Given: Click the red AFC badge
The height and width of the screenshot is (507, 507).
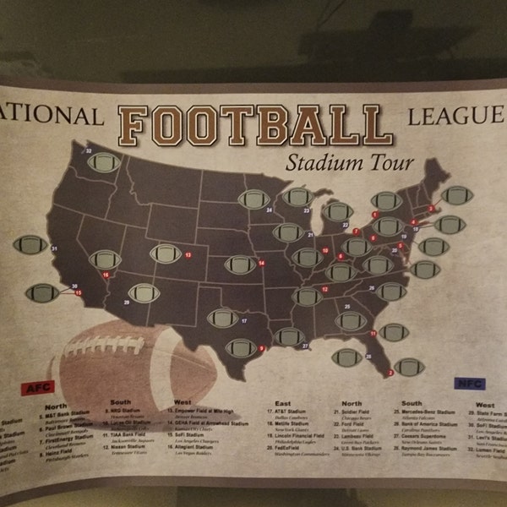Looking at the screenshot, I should click(37, 388).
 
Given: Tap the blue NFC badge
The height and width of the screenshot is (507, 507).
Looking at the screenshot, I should click(471, 384).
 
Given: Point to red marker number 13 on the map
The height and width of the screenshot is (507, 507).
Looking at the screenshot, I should click(188, 253).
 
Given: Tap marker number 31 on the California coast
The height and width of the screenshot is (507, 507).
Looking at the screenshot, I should click(54, 248).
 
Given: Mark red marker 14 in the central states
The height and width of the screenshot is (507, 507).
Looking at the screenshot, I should click(261, 264).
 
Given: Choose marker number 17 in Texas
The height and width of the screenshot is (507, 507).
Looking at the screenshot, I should click(244, 321).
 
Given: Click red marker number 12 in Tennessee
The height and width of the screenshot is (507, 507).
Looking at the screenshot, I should click(325, 289).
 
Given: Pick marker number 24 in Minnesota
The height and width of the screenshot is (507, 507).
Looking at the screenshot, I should click(268, 209).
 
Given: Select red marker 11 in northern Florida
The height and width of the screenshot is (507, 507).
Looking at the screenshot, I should click(373, 335).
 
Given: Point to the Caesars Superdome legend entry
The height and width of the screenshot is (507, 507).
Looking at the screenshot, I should click(426, 437).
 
